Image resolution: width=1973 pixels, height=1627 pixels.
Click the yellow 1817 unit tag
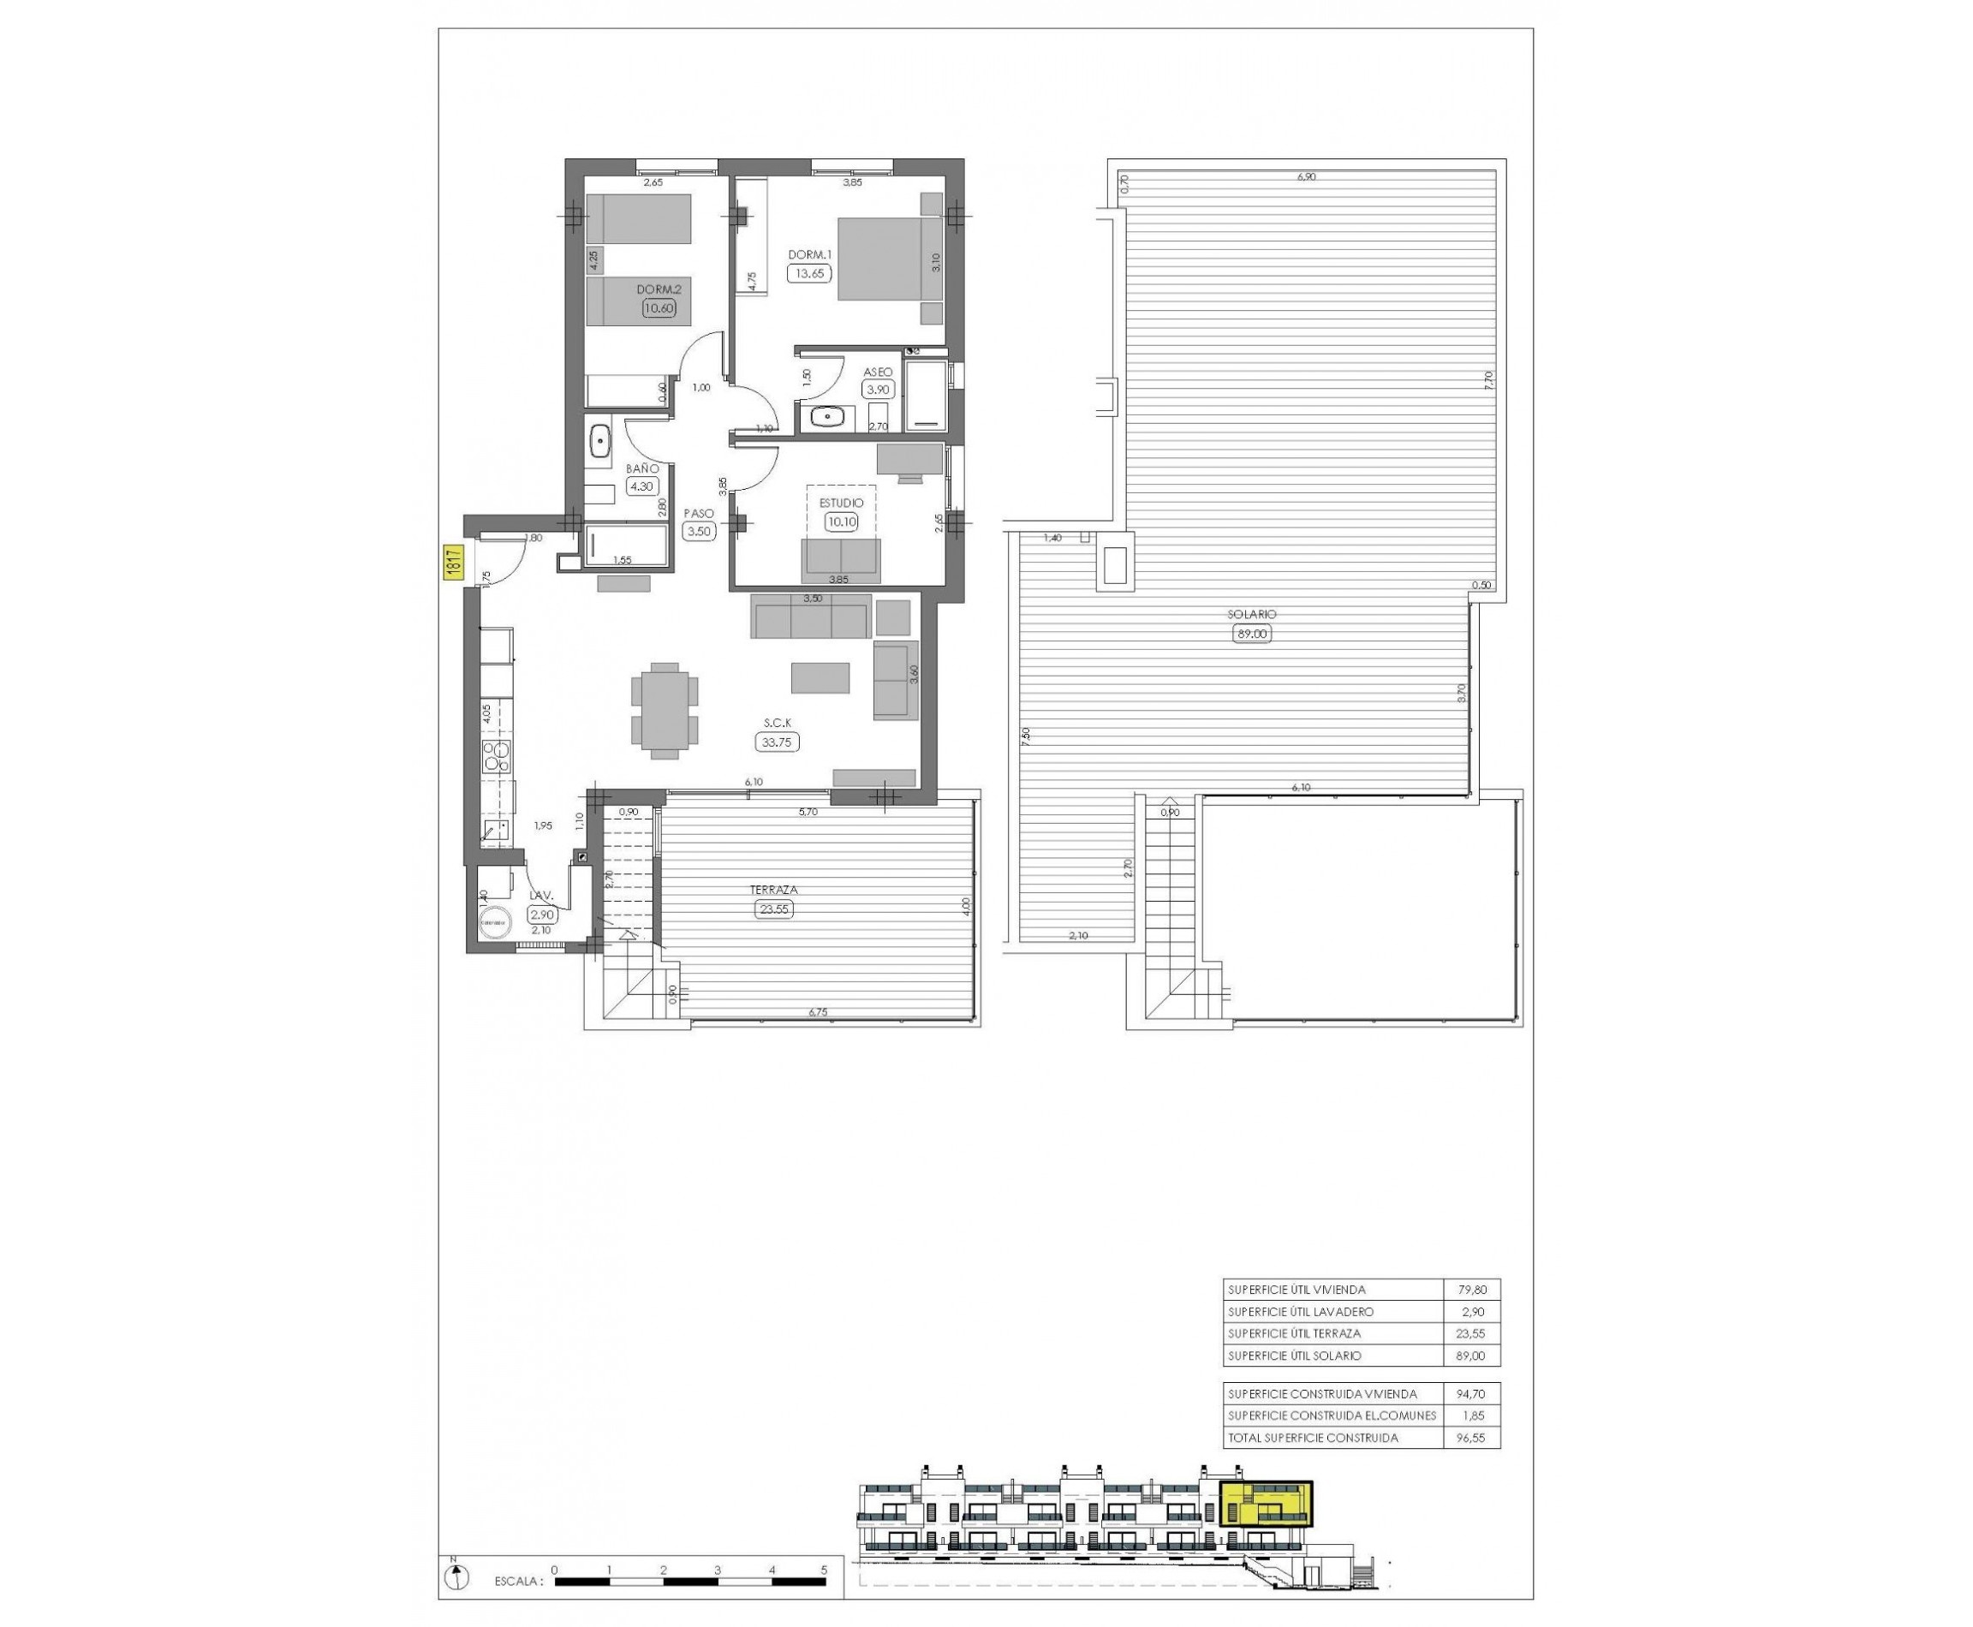(452, 564)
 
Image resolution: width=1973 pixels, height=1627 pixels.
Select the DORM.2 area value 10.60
(659, 307)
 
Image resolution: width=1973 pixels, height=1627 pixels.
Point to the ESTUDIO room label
(841, 504)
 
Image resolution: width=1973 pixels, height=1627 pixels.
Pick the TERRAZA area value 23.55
(773, 909)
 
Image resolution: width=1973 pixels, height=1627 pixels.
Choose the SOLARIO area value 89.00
(1252, 634)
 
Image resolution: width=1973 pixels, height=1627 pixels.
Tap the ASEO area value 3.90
(879, 390)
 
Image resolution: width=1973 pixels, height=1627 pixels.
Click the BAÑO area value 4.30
(642, 486)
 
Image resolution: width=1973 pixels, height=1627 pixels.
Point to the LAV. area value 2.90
(543, 915)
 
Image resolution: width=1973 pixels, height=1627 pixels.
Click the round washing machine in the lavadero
(495, 923)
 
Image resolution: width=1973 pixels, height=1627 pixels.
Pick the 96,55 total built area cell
(1473, 1438)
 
